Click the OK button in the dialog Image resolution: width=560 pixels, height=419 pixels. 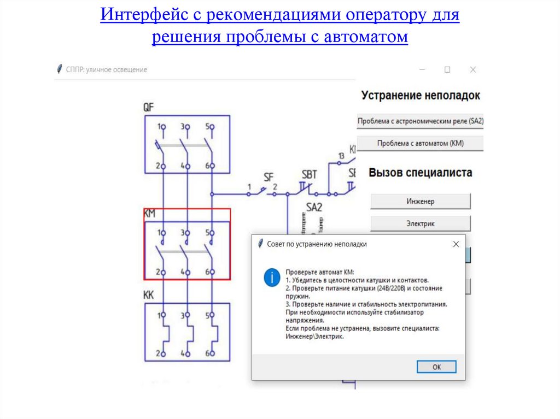tap(436, 367)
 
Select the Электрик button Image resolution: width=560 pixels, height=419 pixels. tap(420, 223)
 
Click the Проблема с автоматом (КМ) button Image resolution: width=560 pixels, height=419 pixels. tap(420, 143)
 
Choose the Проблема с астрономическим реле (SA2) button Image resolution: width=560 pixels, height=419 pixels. tap(420, 121)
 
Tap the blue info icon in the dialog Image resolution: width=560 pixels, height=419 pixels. tap(271, 277)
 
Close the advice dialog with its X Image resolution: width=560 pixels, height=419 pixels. tap(456, 245)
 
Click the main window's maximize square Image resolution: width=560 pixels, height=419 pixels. tap(447, 70)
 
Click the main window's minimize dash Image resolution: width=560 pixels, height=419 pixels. tap(423, 70)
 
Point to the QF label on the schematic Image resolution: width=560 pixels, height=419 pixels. tap(149, 108)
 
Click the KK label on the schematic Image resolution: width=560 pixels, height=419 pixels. tap(149, 295)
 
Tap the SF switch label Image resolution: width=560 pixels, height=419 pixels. tap(269, 176)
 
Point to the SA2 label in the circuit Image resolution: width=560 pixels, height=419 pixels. tap(314, 207)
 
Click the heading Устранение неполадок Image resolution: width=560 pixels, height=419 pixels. tap(420, 96)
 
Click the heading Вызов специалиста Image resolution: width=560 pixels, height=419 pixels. tap(420, 173)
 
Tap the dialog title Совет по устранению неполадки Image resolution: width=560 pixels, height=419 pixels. tap(317, 245)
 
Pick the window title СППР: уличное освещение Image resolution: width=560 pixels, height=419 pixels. tap(106, 70)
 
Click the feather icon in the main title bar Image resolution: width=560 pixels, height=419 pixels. tap(60, 69)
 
